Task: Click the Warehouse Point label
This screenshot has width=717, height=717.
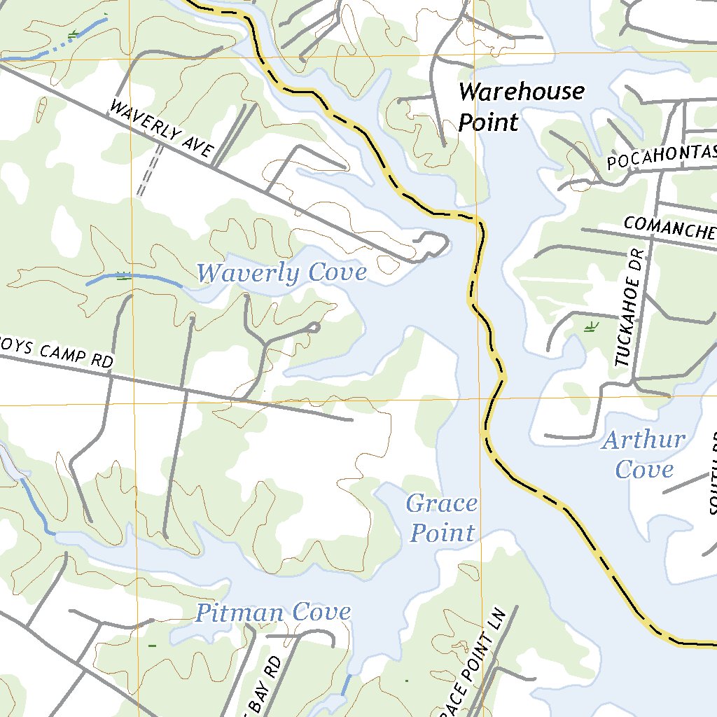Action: click(x=521, y=106)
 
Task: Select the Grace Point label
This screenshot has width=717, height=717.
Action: click(x=442, y=518)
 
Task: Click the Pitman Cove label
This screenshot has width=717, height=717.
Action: click(x=272, y=613)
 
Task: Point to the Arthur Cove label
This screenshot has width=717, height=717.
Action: click(x=643, y=454)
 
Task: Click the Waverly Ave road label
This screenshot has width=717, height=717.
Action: click(x=162, y=130)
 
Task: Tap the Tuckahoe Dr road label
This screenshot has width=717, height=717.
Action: click(x=629, y=309)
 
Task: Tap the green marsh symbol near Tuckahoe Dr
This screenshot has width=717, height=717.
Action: click(x=591, y=326)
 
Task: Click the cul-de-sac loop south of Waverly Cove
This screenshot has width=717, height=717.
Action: click(x=314, y=327)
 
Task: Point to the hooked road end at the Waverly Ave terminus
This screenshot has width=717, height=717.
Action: click(x=434, y=244)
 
